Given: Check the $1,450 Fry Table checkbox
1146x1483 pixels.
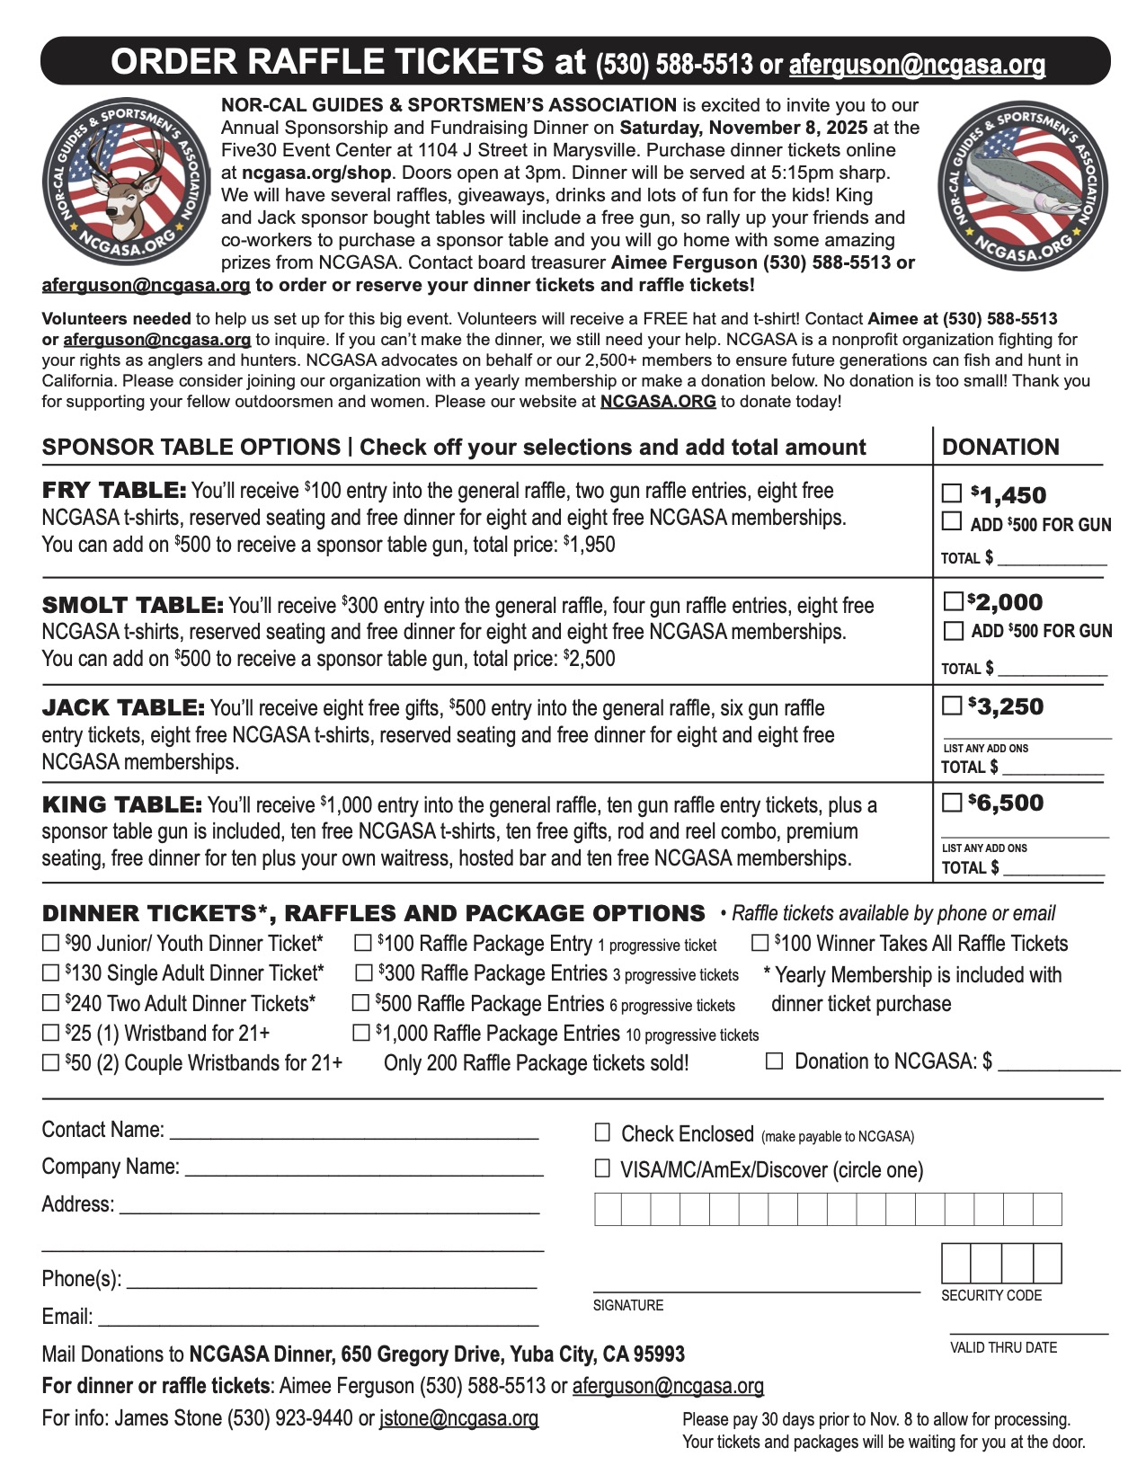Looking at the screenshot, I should pyautogui.click(x=952, y=493).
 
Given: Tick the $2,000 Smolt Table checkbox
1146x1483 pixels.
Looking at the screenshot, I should pyautogui.click(x=953, y=600).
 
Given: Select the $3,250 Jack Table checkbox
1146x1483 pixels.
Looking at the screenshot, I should pyautogui.click(x=952, y=706).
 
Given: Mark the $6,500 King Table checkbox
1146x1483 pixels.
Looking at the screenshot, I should pyautogui.click(x=952, y=803).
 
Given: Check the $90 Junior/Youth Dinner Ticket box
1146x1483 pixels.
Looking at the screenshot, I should pyautogui.click(x=51, y=944).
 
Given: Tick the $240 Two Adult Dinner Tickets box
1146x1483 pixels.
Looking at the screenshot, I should pyautogui.click(x=51, y=1003).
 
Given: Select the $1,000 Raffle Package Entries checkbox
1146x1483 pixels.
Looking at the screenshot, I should pyautogui.click(x=361, y=1033).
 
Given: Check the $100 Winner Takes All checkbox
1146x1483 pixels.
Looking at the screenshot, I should pyautogui.click(x=760, y=943).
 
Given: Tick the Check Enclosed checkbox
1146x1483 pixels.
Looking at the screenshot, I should pyautogui.click(x=602, y=1132).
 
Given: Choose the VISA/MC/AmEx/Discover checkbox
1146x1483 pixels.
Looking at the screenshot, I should pyautogui.click(x=602, y=1168).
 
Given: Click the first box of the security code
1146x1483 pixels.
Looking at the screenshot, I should pyautogui.click(x=956, y=1264).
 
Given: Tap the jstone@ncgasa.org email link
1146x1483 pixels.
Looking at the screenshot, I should pyautogui.click(x=458, y=1418).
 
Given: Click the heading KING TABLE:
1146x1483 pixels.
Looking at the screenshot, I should pyautogui.click(x=122, y=804).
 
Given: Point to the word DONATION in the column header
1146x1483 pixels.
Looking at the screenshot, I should pyautogui.click(x=1000, y=447).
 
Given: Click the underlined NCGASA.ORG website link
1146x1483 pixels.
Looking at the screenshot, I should pyautogui.click(x=658, y=401).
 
